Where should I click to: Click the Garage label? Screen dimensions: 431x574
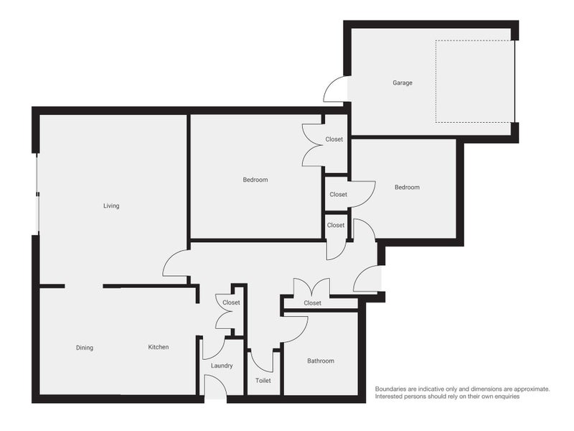point(402,83)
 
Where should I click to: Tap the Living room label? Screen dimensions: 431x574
point(111,206)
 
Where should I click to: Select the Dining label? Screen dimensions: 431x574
point(85,348)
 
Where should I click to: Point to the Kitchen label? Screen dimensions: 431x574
point(159,348)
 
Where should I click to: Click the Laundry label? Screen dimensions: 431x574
point(222,366)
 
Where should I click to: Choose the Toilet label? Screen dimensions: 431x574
point(263,381)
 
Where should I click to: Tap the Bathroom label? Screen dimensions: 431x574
point(321,361)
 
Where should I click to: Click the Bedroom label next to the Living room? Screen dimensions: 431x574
point(255,180)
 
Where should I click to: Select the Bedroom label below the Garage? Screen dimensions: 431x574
point(407,187)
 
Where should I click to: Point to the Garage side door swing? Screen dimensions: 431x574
point(335,89)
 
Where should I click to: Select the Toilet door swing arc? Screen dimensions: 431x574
point(262,360)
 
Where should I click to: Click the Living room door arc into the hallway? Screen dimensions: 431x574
point(176,263)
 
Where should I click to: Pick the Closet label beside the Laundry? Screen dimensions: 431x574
point(231,302)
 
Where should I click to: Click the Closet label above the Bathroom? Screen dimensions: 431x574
point(312,303)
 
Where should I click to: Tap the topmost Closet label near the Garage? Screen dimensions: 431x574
point(334,139)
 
